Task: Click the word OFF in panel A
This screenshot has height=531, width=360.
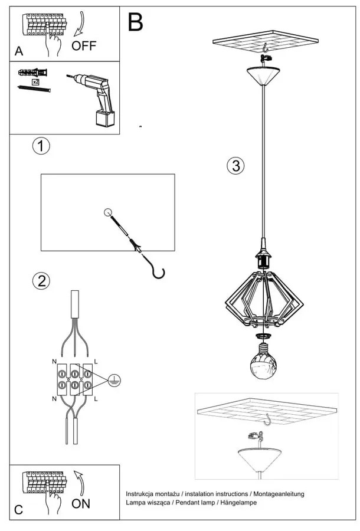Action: pyautogui.click(x=83, y=45)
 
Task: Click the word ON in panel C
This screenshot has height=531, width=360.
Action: pyautogui.click(x=81, y=504)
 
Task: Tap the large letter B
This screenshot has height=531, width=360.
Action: pyautogui.click(x=135, y=23)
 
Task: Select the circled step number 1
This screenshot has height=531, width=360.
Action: pyautogui.click(x=41, y=146)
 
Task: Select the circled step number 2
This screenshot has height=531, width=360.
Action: pyautogui.click(x=41, y=280)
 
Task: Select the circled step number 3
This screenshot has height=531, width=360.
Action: pyautogui.click(x=235, y=166)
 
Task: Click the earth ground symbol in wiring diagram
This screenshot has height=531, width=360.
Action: pyautogui.click(x=114, y=382)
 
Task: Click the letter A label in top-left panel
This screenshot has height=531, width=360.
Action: pyautogui.click(x=19, y=52)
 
